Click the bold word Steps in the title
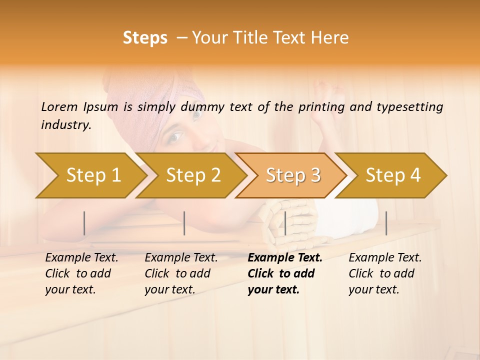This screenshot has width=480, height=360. (145, 38)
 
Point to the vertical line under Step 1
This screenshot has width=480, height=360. (84, 223)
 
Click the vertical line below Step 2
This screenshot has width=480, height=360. (184, 223)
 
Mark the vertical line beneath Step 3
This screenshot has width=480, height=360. (285, 223)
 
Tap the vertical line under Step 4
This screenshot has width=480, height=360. (386, 223)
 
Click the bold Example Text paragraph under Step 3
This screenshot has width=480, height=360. (285, 273)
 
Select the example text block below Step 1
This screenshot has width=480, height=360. (81, 273)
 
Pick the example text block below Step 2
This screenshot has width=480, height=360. (181, 273)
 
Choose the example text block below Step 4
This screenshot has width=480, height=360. (385, 273)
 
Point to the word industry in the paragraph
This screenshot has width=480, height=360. (65, 125)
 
